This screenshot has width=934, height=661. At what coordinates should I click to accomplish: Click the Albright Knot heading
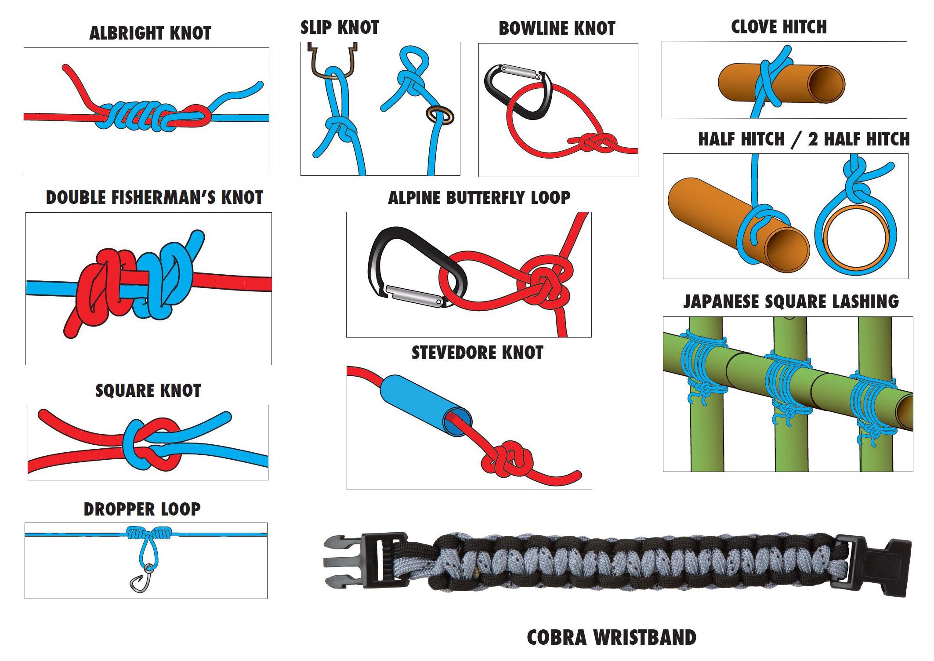point(150,33)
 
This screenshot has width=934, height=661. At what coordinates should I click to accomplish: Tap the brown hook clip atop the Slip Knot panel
point(333,59)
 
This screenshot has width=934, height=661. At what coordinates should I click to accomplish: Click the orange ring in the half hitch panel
point(855,237)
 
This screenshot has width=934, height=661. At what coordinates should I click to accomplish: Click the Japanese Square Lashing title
point(791,302)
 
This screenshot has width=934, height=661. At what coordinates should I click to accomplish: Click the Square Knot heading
point(148,391)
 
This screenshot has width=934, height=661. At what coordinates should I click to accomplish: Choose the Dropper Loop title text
point(142,509)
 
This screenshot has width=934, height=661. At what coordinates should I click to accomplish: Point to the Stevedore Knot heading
point(477,353)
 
